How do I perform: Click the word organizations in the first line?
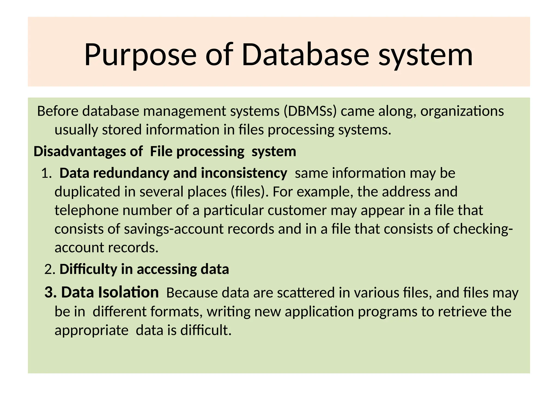tap(462, 111)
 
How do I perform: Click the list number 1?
tap(46, 173)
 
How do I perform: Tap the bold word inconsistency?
tap(244, 173)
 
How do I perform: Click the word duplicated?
tap(87, 192)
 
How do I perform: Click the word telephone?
tap(87, 211)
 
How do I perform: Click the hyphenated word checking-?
tap(483, 229)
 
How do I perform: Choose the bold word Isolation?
tap(128, 293)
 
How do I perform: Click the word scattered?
tap(306, 293)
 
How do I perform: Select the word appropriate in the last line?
tap(92, 330)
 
